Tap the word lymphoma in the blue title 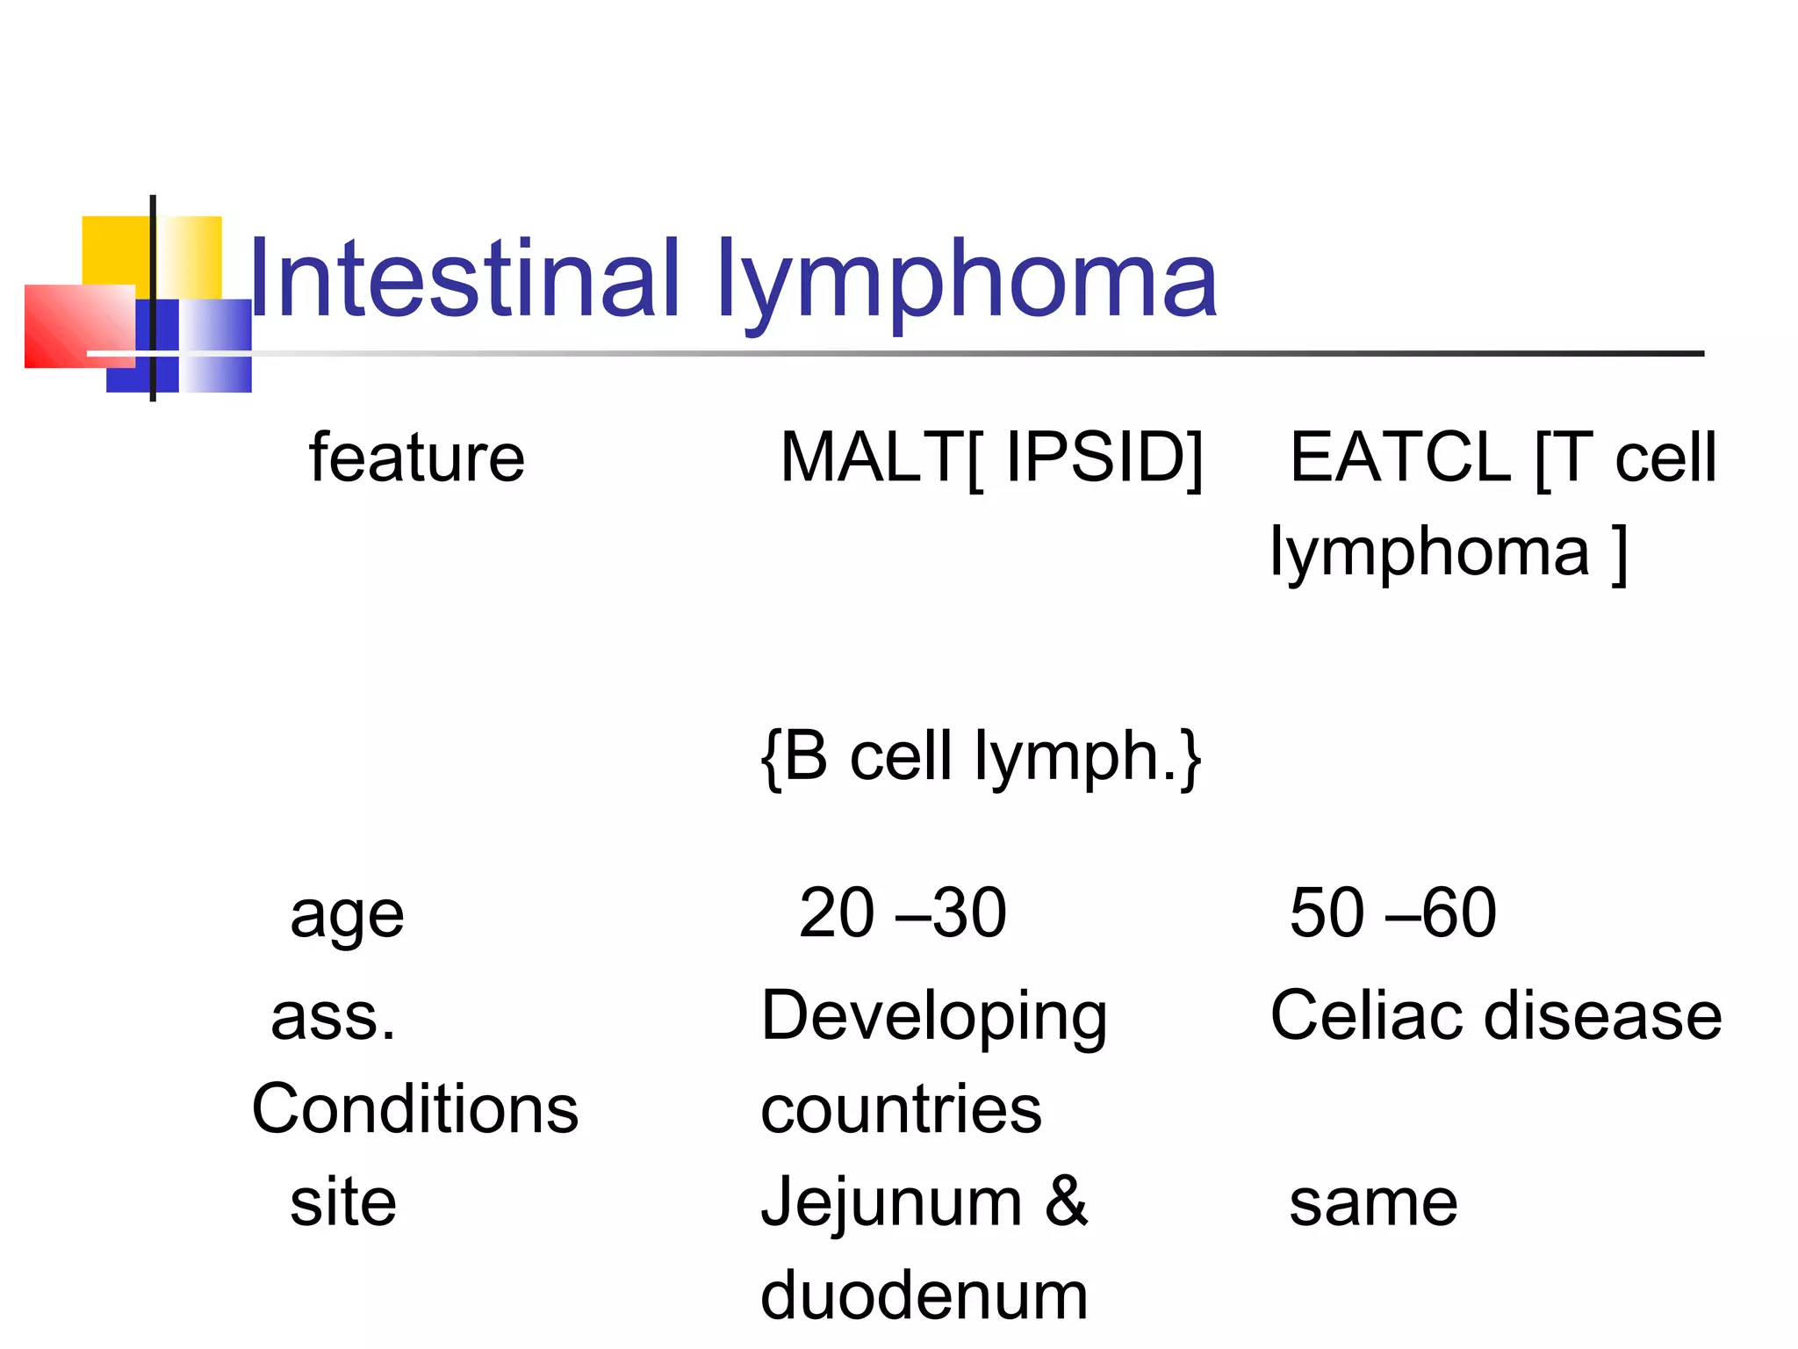pos(966,283)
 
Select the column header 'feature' pos(416,458)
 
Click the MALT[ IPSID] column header pos(990,458)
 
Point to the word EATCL pos(1399,458)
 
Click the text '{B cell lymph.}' pos(981,757)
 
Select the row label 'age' pos(347,915)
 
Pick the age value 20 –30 pos(902,913)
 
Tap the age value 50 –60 pos(1392,913)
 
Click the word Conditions pos(414,1109)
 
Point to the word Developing pos(933,1017)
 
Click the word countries pos(901,1109)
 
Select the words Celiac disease pos(1495,1016)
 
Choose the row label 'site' pos(343,1202)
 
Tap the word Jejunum pos(891,1202)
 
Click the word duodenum pos(924,1296)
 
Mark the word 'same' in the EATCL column pos(1373,1202)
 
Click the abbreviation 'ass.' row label pos(333,1017)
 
